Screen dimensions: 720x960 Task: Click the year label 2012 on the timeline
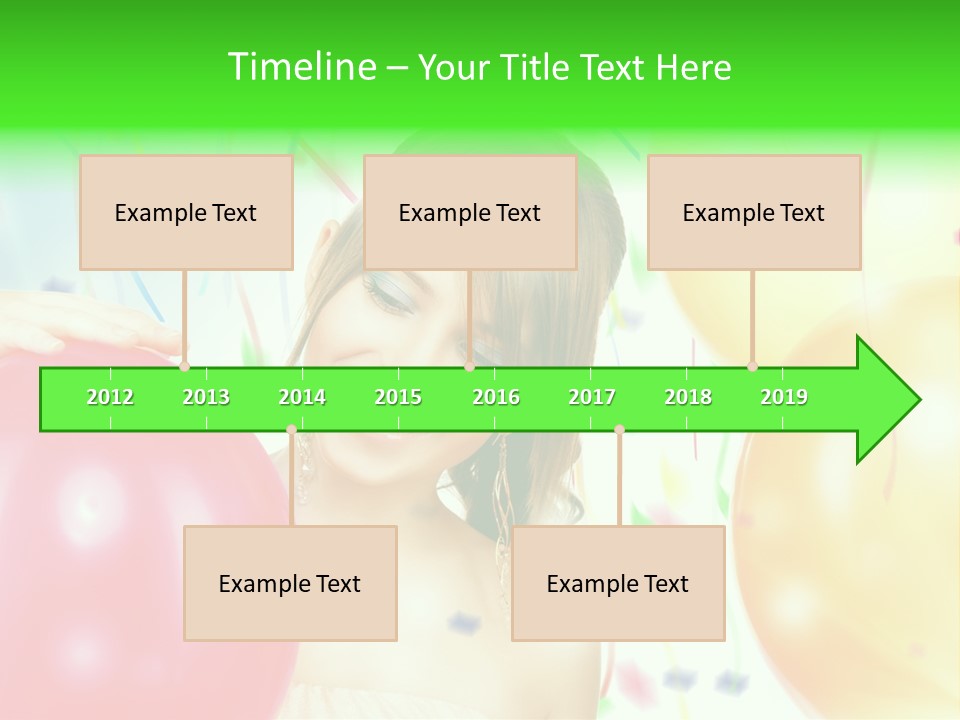[x=110, y=397]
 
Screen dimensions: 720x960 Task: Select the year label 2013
[x=206, y=397]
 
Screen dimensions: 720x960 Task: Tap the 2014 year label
[x=302, y=397]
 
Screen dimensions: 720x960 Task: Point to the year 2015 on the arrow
[x=398, y=397]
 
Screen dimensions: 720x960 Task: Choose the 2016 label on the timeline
[x=496, y=397]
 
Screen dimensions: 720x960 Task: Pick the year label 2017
[x=592, y=397]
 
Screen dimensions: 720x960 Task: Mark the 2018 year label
[x=688, y=397]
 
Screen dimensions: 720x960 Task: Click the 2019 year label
[x=784, y=397]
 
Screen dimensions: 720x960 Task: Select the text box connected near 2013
[x=186, y=212]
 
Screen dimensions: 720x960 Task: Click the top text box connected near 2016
[x=470, y=212]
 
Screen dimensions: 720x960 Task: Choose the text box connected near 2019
[x=754, y=212]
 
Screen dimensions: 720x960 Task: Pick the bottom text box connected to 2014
[x=290, y=583]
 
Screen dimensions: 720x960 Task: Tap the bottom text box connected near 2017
[x=618, y=583]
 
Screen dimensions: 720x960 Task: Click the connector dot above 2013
[x=185, y=366]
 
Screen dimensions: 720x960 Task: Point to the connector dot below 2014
[x=291, y=429]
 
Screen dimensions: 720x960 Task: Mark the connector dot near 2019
[x=753, y=366]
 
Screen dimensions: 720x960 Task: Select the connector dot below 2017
[x=619, y=429]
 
